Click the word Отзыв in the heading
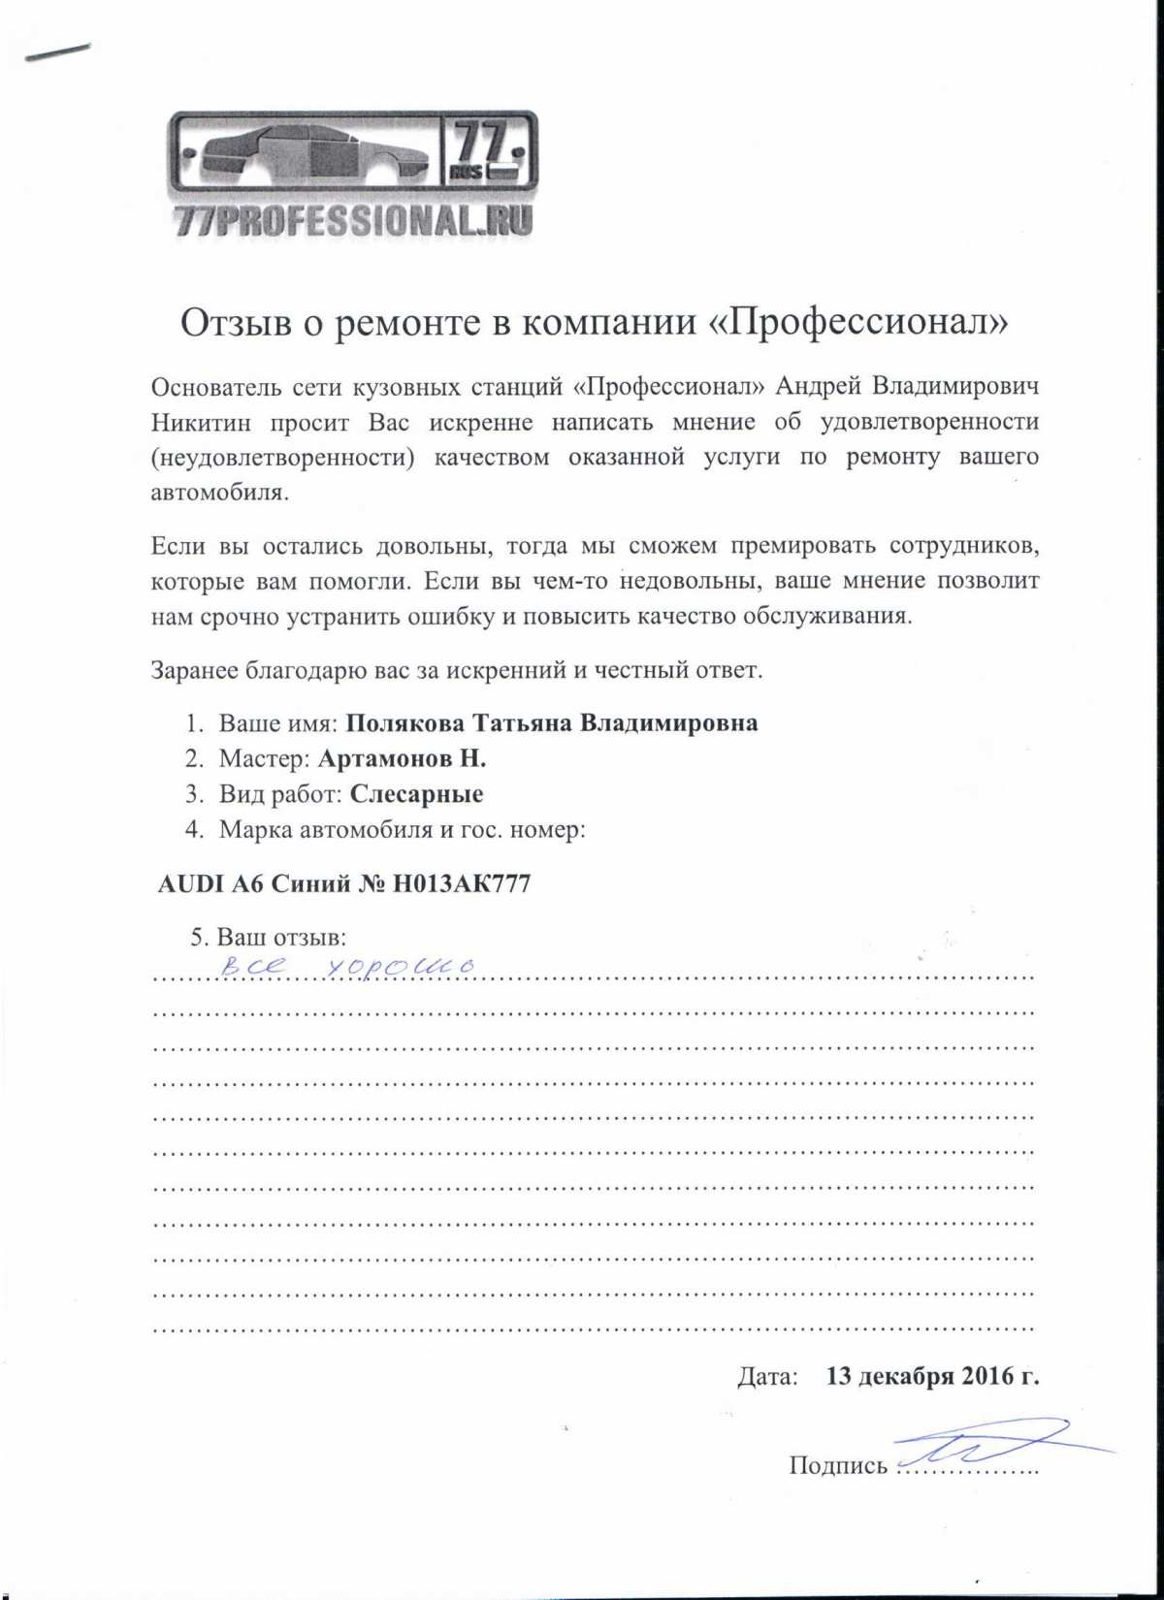(x=236, y=323)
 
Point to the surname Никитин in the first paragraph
(x=201, y=423)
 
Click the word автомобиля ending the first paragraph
(x=219, y=493)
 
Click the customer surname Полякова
(x=404, y=723)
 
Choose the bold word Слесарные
(x=416, y=795)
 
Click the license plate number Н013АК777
(x=461, y=884)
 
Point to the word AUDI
(x=190, y=884)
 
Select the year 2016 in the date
(x=987, y=1376)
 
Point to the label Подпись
(x=838, y=1465)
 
